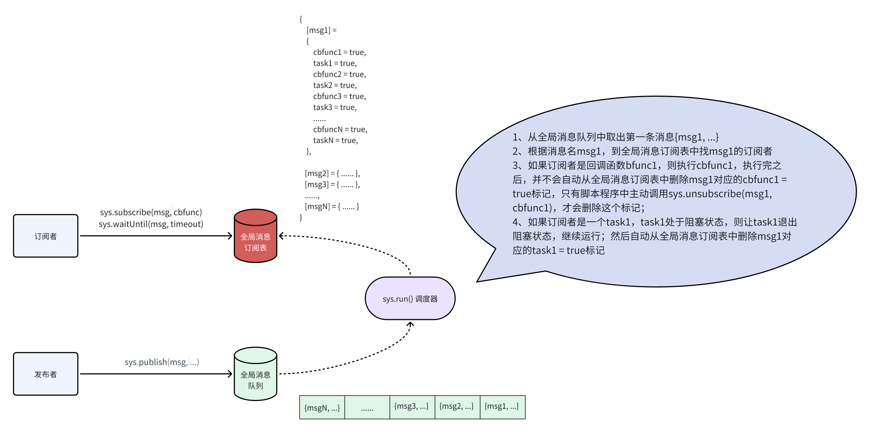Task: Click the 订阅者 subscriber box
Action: [x=46, y=236]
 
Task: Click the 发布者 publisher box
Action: [x=46, y=374]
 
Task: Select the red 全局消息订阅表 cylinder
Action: [x=256, y=236]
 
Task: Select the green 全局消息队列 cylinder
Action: [x=256, y=374]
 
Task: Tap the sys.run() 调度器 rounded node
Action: [x=410, y=298]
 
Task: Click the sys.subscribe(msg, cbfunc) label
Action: [x=151, y=212]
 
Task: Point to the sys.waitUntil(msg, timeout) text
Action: [x=151, y=224]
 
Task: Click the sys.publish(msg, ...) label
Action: [x=162, y=362]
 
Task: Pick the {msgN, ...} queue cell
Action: [x=322, y=407]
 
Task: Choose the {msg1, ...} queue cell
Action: [x=502, y=407]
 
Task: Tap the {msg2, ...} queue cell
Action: [x=457, y=407]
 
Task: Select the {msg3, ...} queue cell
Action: [x=412, y=407]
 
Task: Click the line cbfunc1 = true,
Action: [x=339, y=52]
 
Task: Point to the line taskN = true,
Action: [x=335, y=140]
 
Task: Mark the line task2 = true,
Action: [x=335, y=85]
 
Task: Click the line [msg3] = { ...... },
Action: [x=332, y=184]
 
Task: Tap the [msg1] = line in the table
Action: [x=322, y=30]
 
